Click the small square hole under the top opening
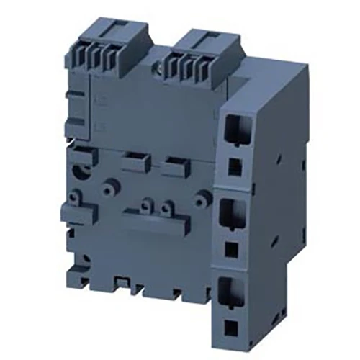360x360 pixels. (233, 165)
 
